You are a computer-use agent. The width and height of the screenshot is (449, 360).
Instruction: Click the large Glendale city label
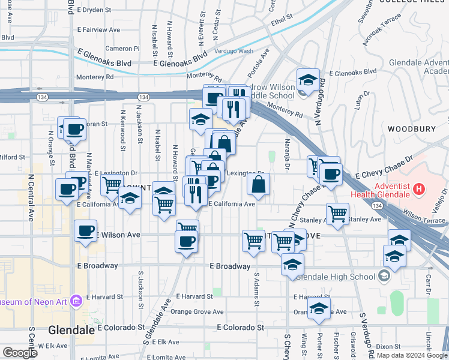pos(71,330)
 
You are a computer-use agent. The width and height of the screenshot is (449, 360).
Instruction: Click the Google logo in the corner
pos(20,353)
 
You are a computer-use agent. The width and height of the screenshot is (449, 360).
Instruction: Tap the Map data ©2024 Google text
pos(411,355)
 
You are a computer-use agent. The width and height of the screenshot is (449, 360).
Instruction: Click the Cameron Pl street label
pos(122,48)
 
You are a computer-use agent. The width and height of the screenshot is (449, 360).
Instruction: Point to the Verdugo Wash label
pos(234,51)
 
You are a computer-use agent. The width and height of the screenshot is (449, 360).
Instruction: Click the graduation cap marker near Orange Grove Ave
pos(319,308)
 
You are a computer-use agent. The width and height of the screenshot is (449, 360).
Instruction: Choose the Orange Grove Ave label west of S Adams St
pos(197,312)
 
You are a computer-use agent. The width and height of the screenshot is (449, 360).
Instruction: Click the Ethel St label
pos(282,19)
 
